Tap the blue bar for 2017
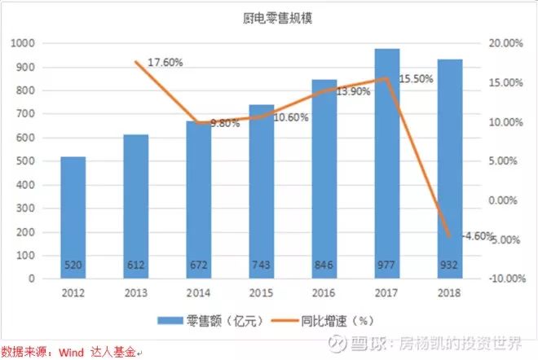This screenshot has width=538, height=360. tap(387, 163)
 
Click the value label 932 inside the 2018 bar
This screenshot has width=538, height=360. tap(450, 265)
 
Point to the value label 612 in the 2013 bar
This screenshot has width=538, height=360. tap(136, 265)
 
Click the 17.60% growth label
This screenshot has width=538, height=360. tap(165, 62)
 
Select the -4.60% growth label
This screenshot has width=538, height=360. tap(478, 237)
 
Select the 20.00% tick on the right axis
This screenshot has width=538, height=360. tap(506, 43)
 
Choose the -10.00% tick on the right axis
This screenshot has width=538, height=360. tap(505, 279)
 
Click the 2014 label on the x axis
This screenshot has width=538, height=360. tap(199, 292)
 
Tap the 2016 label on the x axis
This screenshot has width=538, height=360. tap(324, 292)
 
